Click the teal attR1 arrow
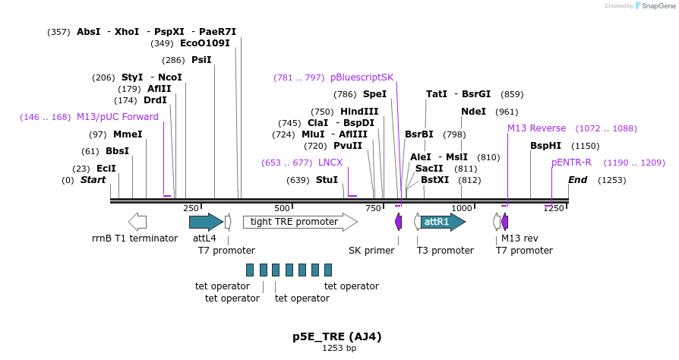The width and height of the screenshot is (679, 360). tap(443, 222)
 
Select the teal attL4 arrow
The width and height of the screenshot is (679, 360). tap(206, 222)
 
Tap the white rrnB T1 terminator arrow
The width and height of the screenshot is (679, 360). tap(137, 222)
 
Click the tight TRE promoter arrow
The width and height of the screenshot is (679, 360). tap(300, 222)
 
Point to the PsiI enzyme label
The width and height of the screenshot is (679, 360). tap(201, 60)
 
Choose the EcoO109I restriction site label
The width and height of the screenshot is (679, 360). tap(205, 43)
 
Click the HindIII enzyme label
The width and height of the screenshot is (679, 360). tap(359, 112)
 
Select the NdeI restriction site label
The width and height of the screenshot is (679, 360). tap(473, 112)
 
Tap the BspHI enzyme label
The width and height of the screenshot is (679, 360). tap(545, 146)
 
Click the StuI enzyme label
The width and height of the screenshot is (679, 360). tap(327, 179)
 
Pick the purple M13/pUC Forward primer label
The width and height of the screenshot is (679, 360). tap(118, 117)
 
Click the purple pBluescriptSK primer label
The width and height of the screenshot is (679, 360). tap(362, 77)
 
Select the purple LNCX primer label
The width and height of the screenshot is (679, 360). tap(330, 162)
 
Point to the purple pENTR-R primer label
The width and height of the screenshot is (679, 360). tap(571, 162)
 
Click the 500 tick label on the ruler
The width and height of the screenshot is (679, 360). tap(282, 208)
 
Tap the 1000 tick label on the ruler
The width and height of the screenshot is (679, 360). tap(462, 208)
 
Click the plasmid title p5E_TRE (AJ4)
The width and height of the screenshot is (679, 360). tap(337, 336)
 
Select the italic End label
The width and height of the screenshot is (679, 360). tap(578, 180)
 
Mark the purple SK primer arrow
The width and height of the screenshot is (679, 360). tap(399, 222)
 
